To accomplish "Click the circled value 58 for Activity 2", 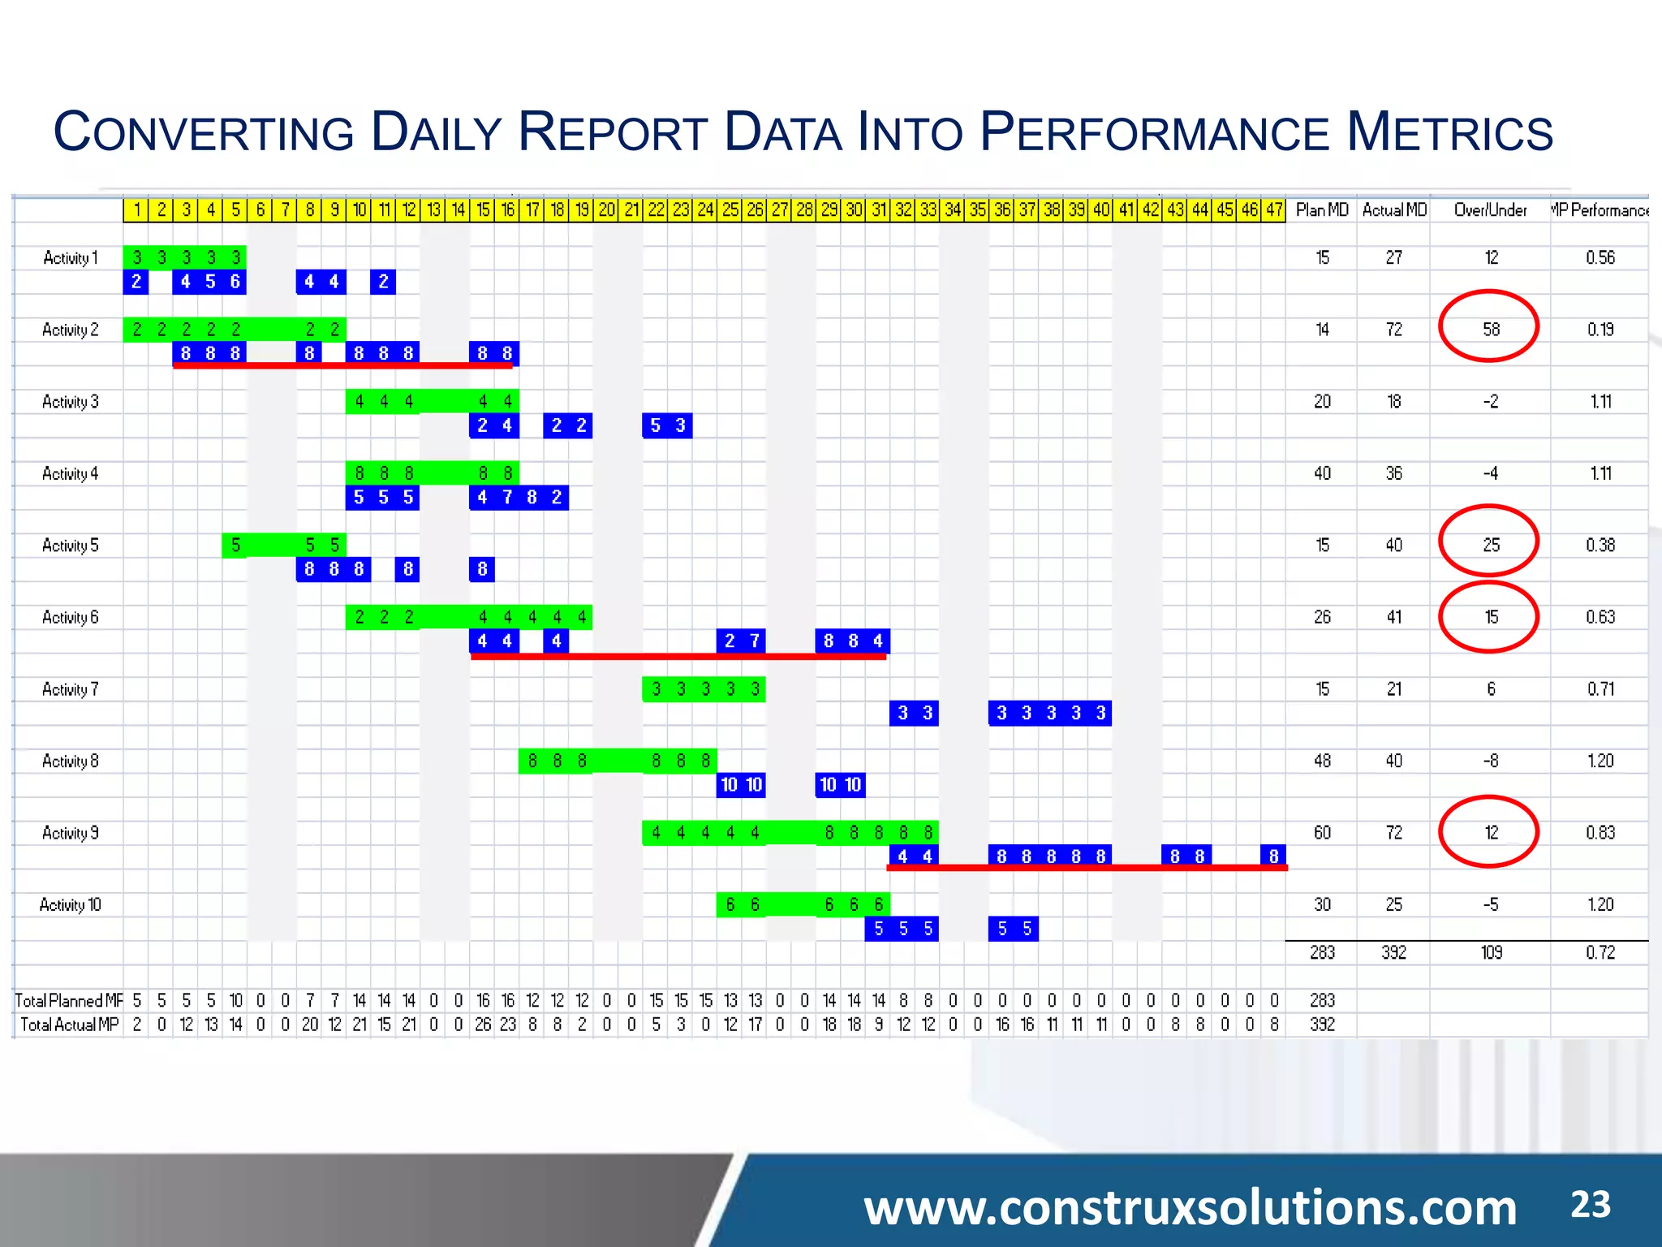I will point(1491,329).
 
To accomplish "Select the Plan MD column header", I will point(1322,210).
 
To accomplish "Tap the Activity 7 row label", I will point(71,689).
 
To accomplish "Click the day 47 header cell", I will point(1274,210).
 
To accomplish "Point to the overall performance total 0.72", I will point(1600,952).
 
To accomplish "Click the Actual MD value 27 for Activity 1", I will point(1393,257).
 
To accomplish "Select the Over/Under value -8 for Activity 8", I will point(1491,761).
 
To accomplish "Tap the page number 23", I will point(1590,1204).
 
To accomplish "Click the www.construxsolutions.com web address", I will point(1190,1207).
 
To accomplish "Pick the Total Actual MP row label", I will point(69,1025).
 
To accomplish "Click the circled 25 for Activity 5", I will point(1491,545).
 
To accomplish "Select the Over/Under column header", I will point(1490,210).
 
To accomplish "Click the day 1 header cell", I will point(136,210).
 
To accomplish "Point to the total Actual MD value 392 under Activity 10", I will point(1393,952).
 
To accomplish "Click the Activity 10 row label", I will point(71,904).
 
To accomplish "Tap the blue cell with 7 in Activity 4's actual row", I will point(507,497).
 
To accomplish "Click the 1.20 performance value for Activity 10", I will point(1600,904).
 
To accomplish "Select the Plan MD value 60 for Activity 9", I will point(1322,832).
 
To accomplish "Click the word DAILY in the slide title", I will point(436,132).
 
